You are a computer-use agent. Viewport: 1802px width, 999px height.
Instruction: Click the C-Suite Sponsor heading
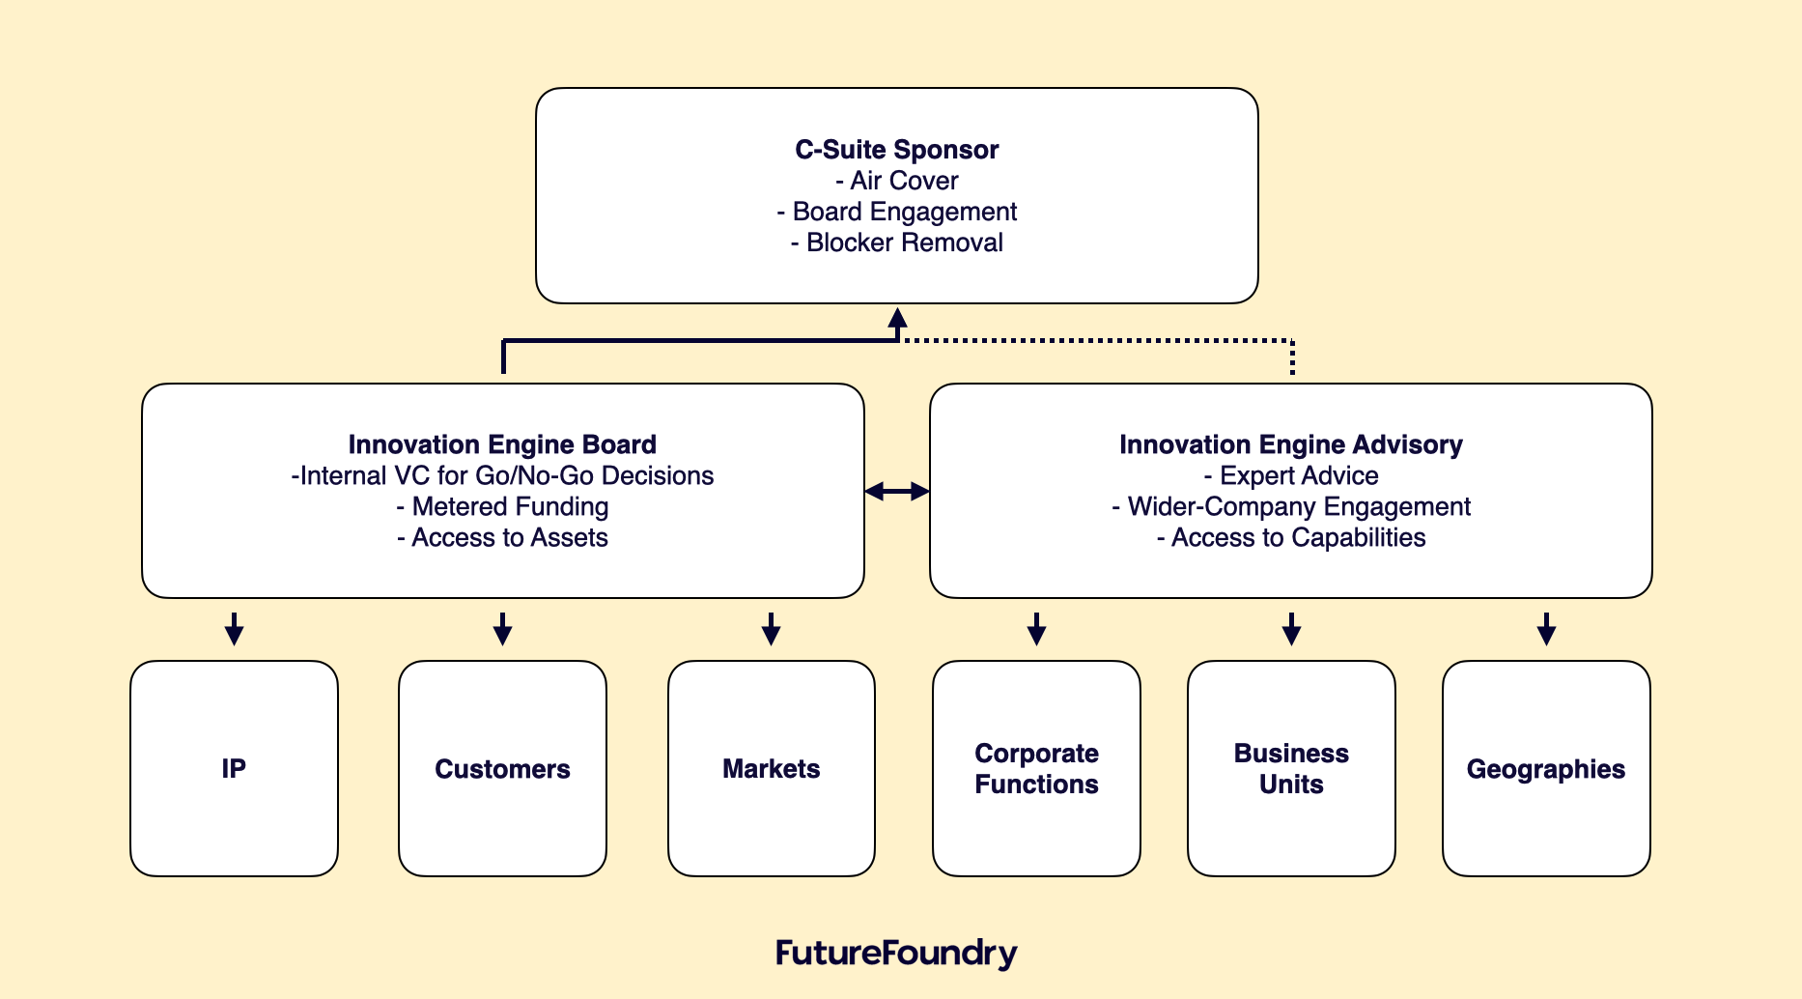(x=896, y=150)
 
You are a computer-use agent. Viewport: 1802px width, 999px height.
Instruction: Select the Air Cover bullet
(x=897, y=181)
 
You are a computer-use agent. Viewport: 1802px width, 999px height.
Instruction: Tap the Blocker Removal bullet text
(x=897, y=243)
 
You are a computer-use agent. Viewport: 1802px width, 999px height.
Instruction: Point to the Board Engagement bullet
(x=897, y=212)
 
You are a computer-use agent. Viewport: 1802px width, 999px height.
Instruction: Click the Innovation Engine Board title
(x=502, y=444)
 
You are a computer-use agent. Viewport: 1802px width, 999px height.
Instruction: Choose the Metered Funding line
(x=502, y=506)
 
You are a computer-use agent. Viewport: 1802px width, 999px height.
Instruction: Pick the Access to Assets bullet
(x=502, y=537)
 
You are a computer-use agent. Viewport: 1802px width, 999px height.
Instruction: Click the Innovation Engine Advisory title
(x=1290, y=444)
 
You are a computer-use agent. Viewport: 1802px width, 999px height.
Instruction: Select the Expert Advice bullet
(x=1290, y=475)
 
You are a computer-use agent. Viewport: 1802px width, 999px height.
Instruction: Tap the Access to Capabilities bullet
(x=1290, y=537)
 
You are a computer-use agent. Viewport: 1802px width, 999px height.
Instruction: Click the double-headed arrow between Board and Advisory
(x=897, y=492)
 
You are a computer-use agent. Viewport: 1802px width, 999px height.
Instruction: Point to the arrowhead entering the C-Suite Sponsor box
(x=897, y=318)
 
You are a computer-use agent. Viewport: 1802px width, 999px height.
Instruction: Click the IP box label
(x=234, y=769)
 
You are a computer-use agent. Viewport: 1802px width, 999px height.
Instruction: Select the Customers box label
(x=502, y=769)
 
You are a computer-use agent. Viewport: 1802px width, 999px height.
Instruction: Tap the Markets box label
(x=771, y=769)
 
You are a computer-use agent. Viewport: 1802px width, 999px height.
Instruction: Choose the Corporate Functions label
(x=1036, y=769)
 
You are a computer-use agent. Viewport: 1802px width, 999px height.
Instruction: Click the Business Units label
(x=1291, y=769)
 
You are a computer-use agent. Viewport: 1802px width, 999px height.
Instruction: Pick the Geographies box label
(x=1545, y=769)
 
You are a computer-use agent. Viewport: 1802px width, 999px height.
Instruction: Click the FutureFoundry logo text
(x=896, y=953)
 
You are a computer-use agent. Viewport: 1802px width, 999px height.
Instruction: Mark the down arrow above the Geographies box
(x=1546, y=629)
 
